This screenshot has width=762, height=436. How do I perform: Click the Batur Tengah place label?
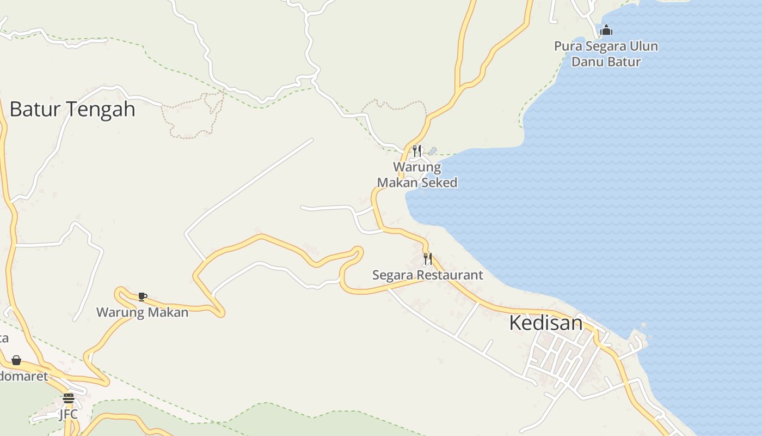(72, 109)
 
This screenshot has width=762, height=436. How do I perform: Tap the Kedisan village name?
(545, 323)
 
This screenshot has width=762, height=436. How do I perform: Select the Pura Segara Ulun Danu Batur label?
(606, 53)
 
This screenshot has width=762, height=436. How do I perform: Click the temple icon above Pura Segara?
(606, 30)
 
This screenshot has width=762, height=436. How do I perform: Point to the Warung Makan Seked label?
(417, 174)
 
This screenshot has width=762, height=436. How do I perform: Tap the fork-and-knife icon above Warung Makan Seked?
(417, 150)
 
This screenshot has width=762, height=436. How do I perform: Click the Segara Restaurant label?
(427, 275)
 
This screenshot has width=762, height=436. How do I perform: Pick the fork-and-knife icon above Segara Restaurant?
(428, 258)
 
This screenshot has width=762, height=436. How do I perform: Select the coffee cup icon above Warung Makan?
(142, 296)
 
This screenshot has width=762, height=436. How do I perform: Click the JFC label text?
(68, 415)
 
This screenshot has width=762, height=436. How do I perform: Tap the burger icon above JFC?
(68, 398)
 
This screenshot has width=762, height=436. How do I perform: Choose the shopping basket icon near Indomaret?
(16, 360)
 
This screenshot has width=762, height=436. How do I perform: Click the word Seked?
(439, 183)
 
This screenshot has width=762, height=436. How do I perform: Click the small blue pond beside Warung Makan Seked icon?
(432, 150)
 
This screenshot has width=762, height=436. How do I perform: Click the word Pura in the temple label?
(567, 46)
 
